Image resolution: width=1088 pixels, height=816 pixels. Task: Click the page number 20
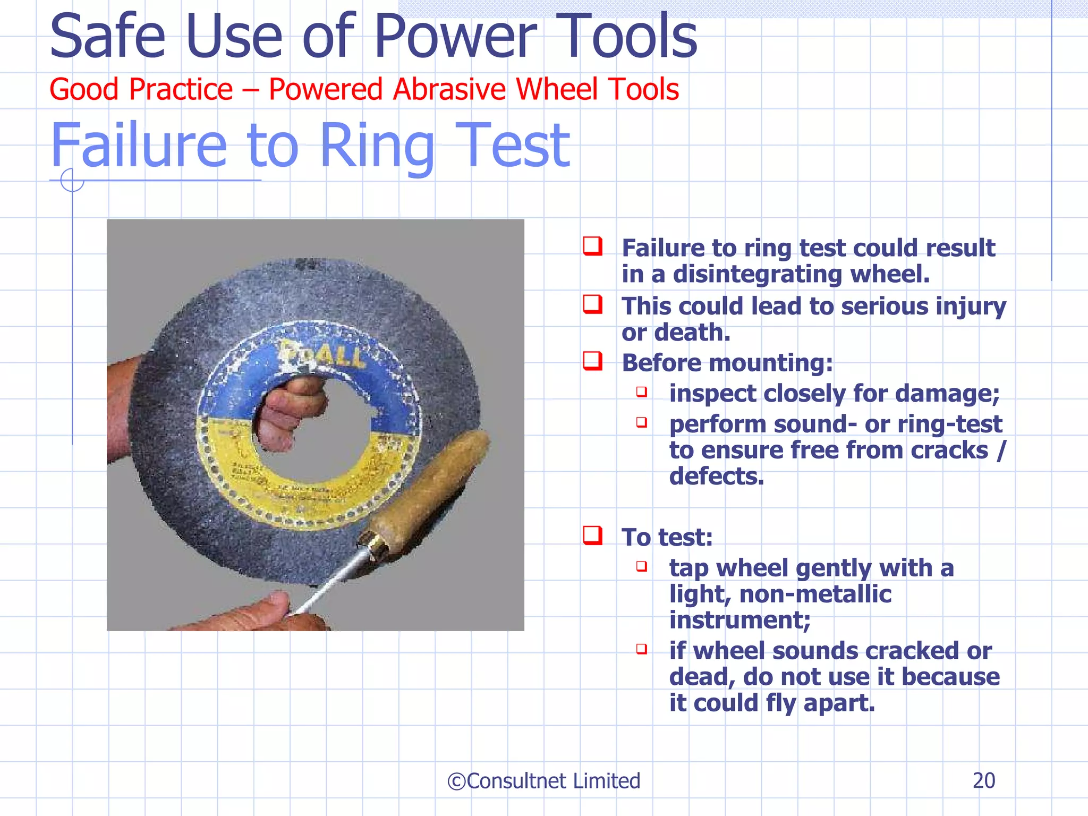click(983, 780)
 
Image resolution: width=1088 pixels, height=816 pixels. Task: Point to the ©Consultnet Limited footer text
click(543, 781)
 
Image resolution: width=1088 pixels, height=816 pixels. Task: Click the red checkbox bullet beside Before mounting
click(592, 361)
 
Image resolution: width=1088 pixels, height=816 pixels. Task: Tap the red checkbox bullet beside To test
click(592, 535)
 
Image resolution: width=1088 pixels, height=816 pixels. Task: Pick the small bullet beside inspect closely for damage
click(642, 392)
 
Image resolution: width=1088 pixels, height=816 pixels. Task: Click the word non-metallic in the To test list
click(815, 594)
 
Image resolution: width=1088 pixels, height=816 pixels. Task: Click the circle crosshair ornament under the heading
click(72, 180)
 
